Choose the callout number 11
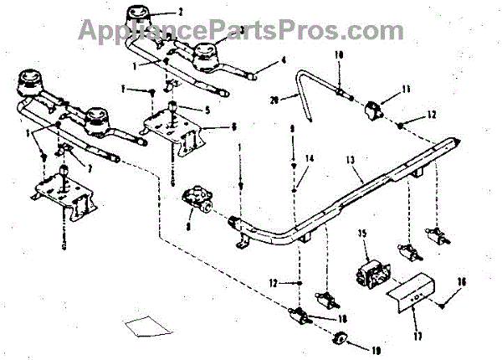406,89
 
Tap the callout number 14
309,158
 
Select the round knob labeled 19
341,337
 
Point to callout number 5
204,109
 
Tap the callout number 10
340,54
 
